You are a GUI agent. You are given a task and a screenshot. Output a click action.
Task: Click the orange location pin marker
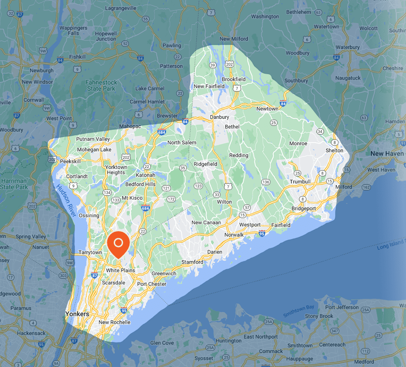coord(118,243)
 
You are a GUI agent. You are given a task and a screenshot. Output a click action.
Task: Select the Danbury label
coord(219,117)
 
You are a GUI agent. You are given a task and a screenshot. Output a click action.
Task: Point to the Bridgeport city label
coord(303,209)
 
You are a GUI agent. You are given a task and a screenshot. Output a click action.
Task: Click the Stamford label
coord(192,262)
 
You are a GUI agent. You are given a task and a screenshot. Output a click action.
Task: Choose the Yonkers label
coord(77,314)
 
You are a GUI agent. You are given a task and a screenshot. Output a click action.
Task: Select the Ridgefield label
coord(205,164)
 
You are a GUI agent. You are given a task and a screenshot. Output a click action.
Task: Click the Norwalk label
coord(234,235)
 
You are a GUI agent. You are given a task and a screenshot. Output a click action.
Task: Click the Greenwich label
coord(164,273)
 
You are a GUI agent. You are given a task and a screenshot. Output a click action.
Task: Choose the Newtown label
coord(267,108)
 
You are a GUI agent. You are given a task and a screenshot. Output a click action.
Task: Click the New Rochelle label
coord(114,322)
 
